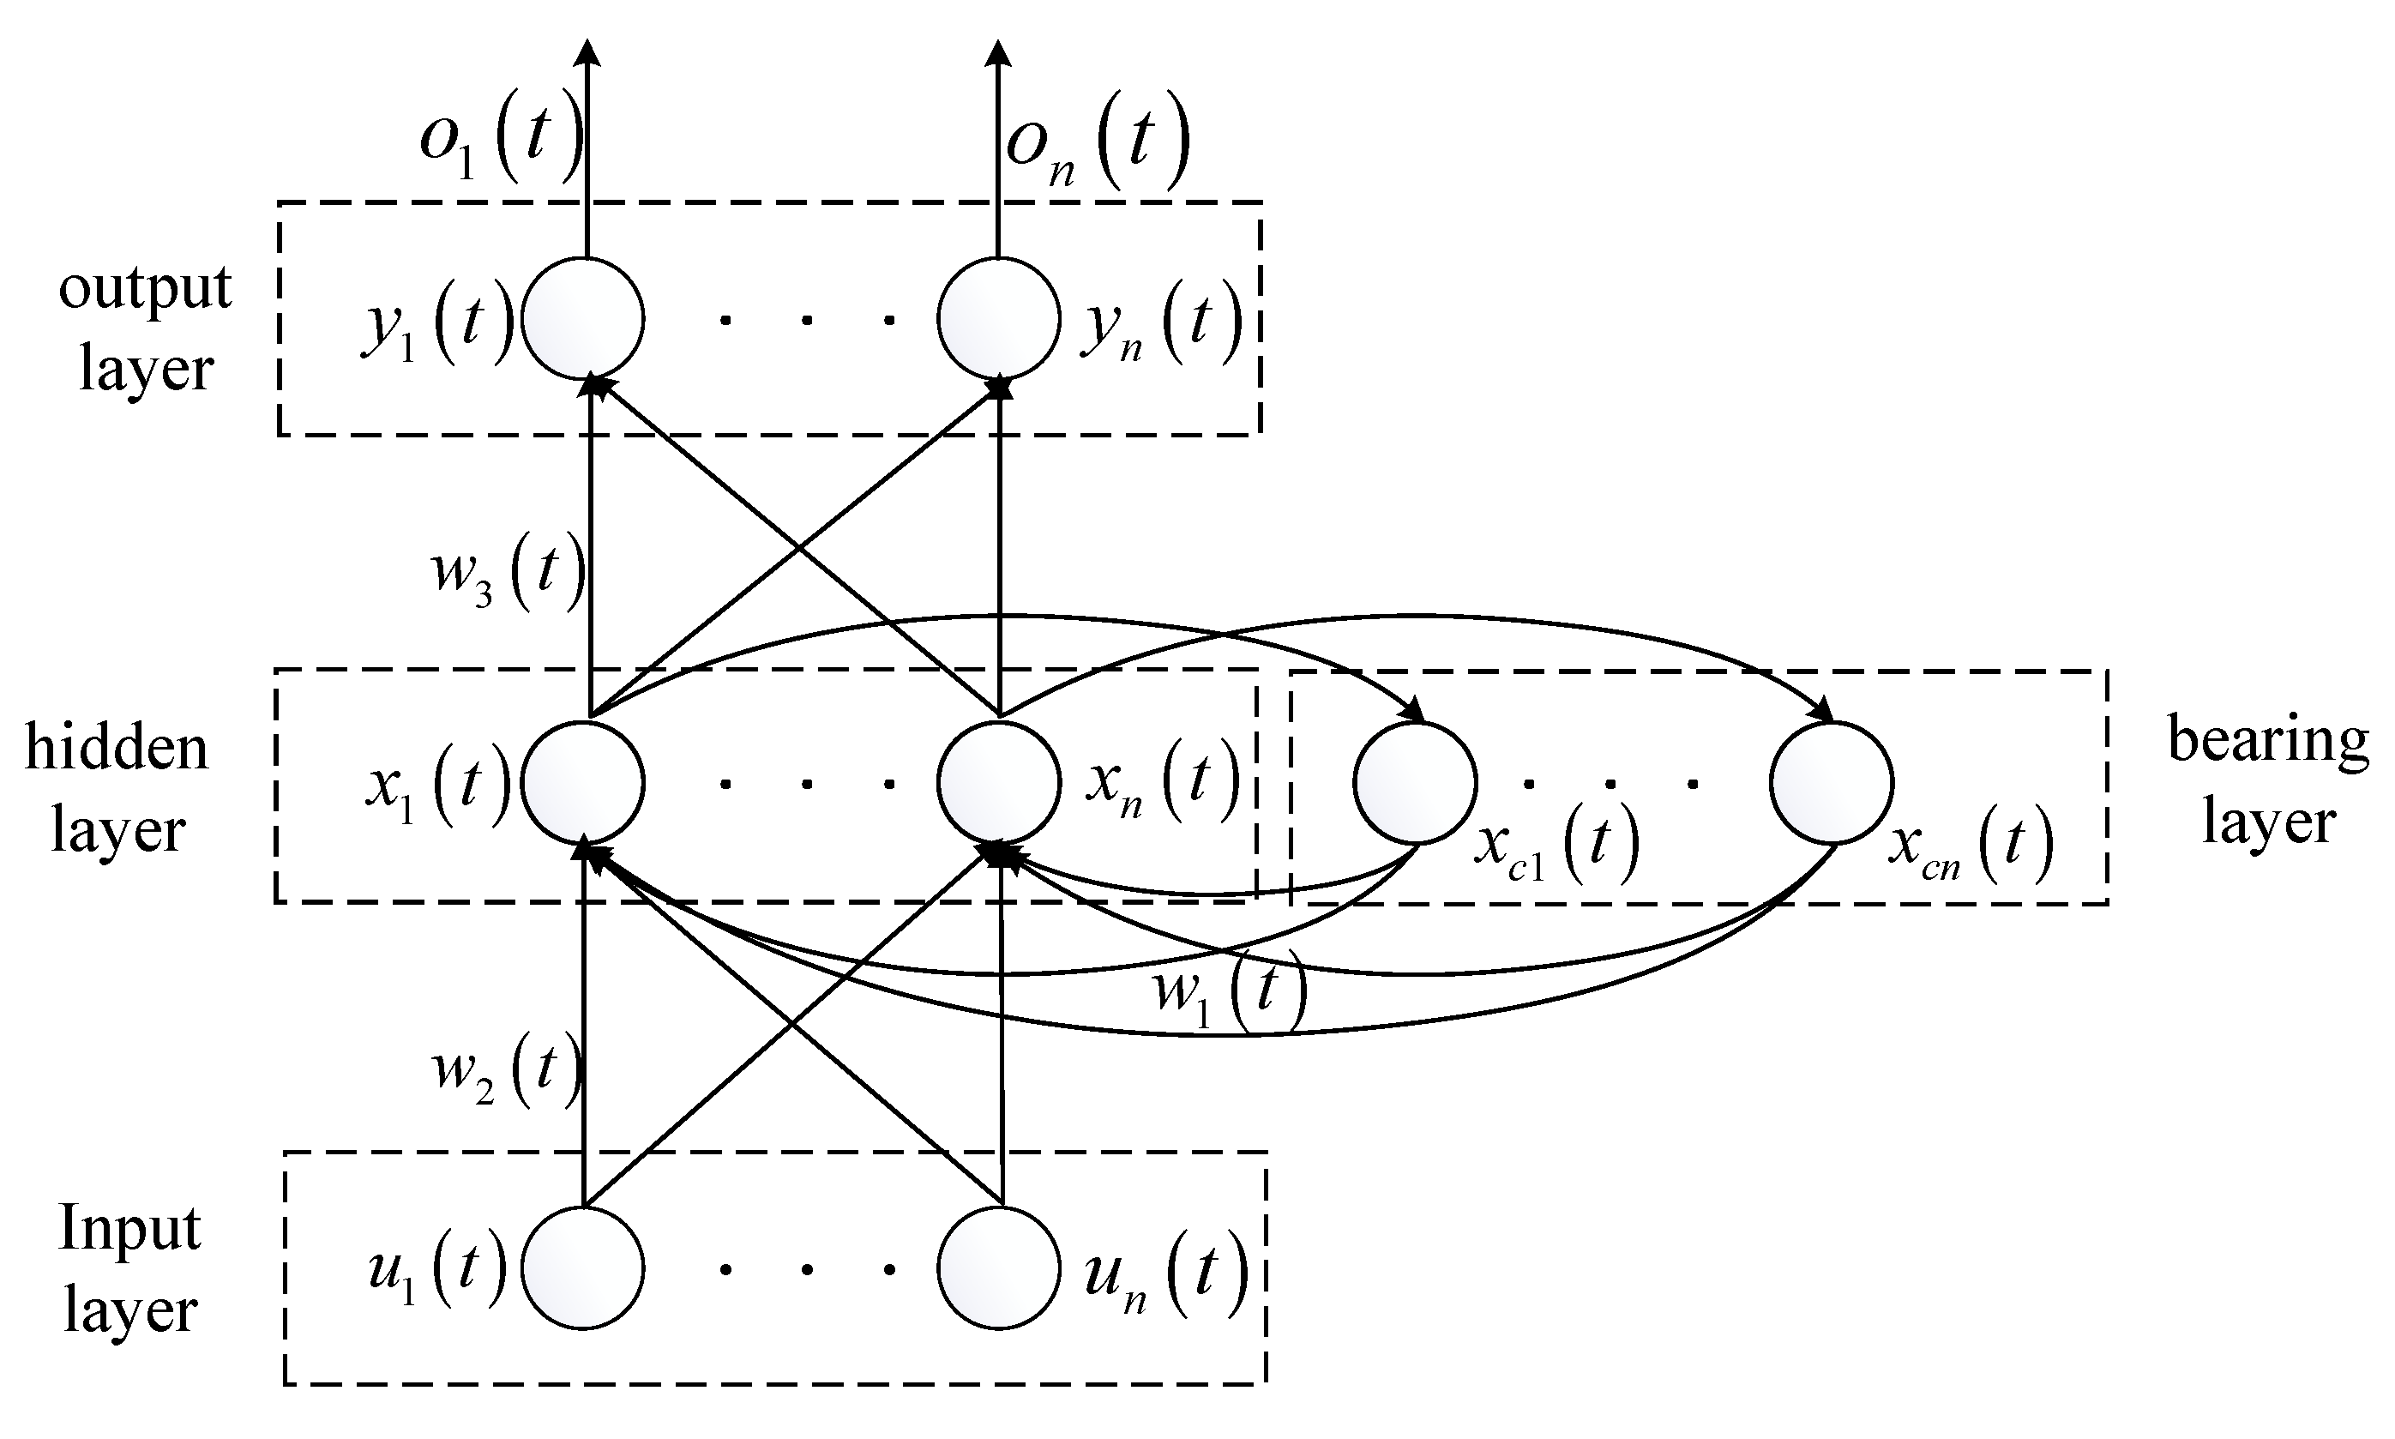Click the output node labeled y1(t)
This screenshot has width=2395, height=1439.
click(x=583, y=319)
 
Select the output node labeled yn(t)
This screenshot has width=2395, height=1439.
click(x=999, y=319)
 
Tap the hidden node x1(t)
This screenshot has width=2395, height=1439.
click(x=583, y=781)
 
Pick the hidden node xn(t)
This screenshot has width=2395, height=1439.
click(x=999, y=781)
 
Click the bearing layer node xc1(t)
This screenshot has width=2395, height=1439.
click(x=1415, y=781)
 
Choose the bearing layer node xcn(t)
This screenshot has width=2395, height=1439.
click(x=1831, y=781)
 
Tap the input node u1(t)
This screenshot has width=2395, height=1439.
click(x=583, y=1267)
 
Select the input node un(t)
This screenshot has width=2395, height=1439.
click(x=999, y=1267)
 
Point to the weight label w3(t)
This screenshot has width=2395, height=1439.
click(x=506, y=574)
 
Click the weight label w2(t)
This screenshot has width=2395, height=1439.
click(x=504, y=1069)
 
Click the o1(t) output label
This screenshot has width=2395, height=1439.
click(x=499, y=142)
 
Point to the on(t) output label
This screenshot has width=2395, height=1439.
click(x=1096, y=146)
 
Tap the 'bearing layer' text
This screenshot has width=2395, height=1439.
click(x=2268, y=780)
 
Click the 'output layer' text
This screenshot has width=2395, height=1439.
click(x=146, y=328)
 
